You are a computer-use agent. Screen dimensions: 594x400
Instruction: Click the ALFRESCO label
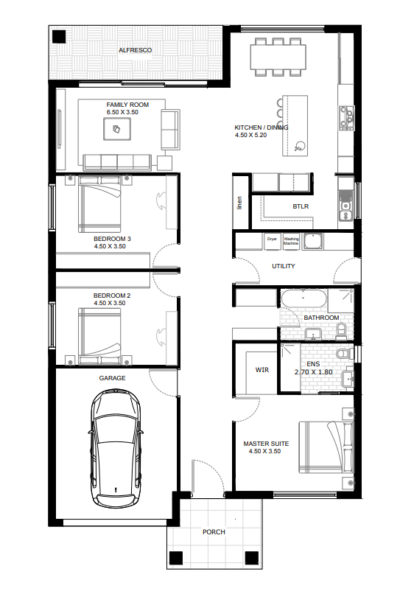[136, 50]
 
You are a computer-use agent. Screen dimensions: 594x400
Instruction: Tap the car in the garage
[116, 449]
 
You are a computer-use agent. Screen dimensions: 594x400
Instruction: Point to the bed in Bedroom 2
[99, 335]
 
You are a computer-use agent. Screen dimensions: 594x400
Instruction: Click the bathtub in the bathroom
[303, 298]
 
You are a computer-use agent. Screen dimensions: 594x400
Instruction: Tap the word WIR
[262, 370]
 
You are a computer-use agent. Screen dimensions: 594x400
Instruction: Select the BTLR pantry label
[300, 208]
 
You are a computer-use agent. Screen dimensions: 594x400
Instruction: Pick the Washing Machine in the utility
[292, 241]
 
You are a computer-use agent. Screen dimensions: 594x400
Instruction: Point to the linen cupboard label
[239, 203]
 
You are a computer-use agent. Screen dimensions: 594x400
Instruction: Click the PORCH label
[214, 531]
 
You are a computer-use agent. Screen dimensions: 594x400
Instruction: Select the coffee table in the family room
[117, 130]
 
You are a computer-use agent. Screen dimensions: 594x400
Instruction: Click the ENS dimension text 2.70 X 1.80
[314, 372]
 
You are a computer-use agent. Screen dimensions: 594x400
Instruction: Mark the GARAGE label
[113, 377]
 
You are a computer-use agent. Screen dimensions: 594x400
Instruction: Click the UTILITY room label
[284, 266]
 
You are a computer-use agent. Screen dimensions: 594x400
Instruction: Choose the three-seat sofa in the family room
[117, 161]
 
